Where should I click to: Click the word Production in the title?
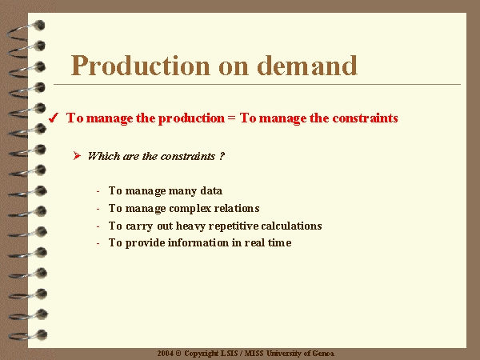click(141, 66)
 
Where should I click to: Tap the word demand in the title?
click(307, 66)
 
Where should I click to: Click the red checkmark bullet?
click(54, 118)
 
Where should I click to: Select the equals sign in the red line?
click(232, 118)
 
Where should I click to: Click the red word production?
click(191, 118)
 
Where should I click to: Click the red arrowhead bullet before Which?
click(77, 156)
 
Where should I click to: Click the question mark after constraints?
click(222, 156)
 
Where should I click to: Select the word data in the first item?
click(211, 190)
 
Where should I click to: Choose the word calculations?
click(291, 226)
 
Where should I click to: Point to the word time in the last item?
click(280, 242)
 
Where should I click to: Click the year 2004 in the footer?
click(166, 354)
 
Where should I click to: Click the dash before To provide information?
click(98, 244)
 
